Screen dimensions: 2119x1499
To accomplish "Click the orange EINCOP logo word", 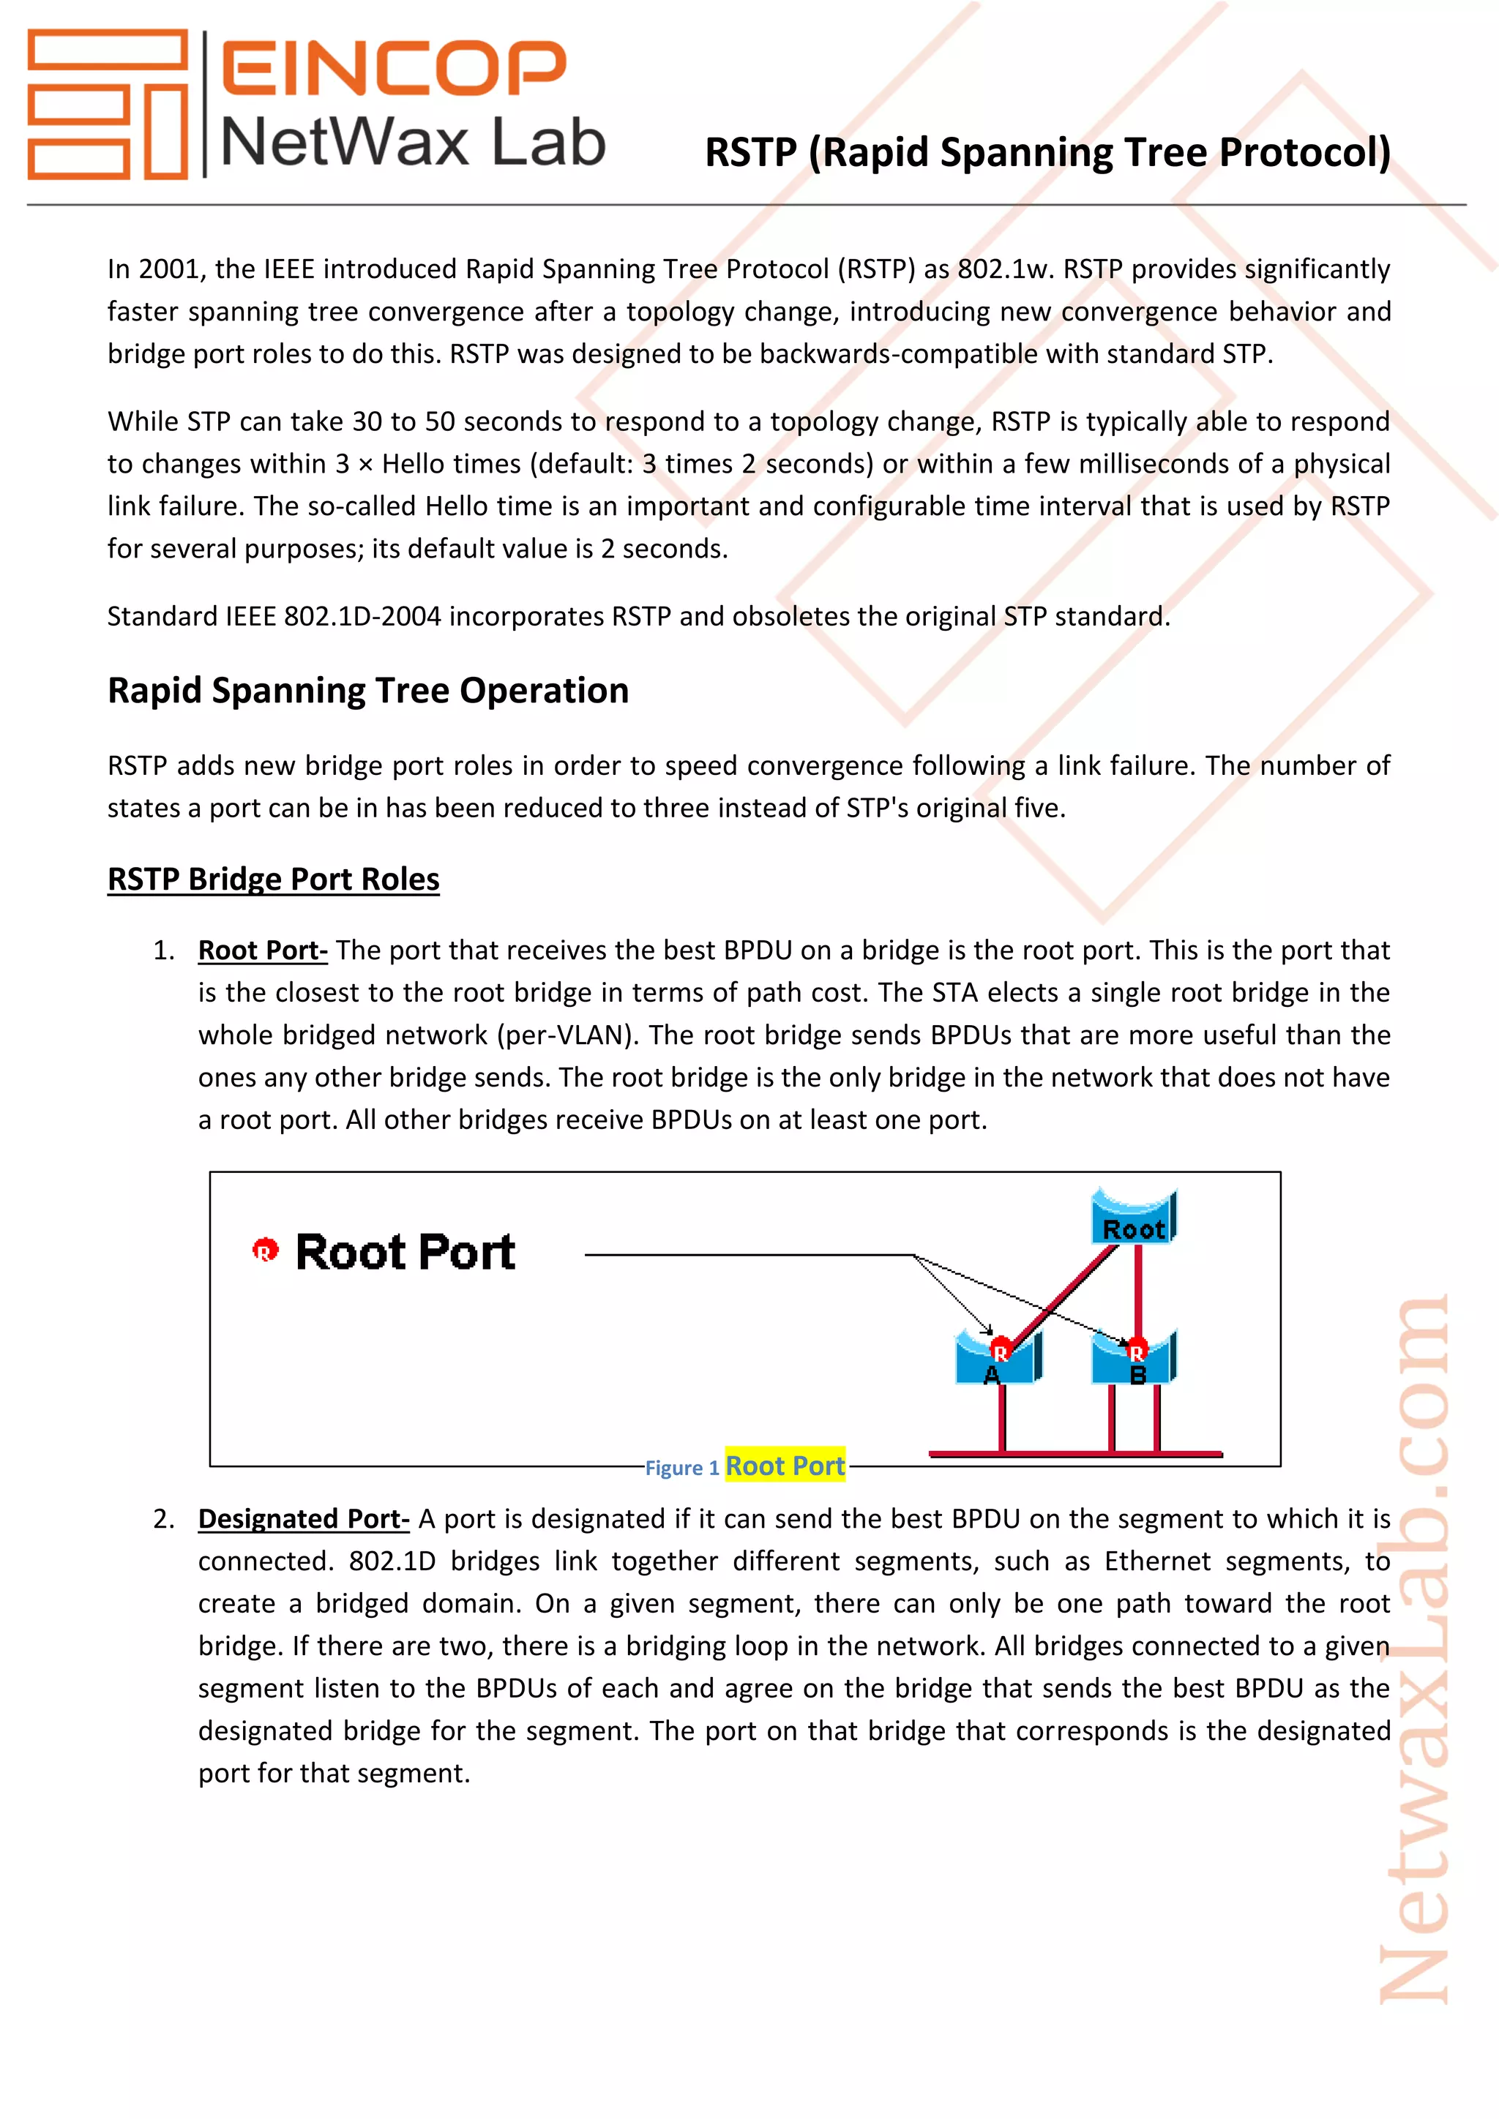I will coord(393,67).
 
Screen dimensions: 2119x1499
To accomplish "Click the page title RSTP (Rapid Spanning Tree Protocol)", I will coord(1047,152).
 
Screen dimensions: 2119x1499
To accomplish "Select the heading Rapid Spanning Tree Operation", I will coord(367,690).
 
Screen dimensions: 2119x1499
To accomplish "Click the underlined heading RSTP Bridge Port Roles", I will coord(273,879).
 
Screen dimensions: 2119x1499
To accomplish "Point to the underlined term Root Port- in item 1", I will coord(262,950).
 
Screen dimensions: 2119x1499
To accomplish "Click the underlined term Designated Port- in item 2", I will coord(303,1518).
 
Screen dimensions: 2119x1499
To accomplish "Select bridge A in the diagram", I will coord(997,1360).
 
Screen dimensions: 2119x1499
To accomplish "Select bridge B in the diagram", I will coord(1134,1360).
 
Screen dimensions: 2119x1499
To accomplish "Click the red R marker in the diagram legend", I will coord(265,1250).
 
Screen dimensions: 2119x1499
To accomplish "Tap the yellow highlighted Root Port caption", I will coord(785,1466).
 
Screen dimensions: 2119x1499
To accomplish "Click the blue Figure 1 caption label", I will coord(681,1468).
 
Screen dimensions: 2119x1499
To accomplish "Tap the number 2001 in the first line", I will coord(170,269).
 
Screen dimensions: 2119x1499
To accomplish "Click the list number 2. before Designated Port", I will coord(163,1518).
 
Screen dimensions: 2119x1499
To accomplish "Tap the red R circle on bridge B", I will coord(1136,1350).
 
